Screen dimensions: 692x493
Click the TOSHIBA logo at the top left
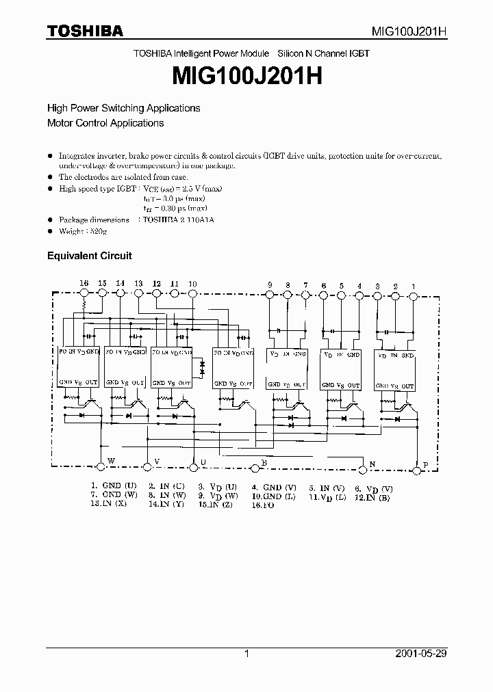(85, 31)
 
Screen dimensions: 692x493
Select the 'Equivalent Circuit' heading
(89, 256)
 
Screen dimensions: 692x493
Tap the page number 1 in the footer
(246, 654)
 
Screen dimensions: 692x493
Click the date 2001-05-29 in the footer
(421, 654)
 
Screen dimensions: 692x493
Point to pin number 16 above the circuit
(84, 283)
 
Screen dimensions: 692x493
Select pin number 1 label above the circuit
(413, 285)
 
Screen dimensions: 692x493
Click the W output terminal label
(110, 462)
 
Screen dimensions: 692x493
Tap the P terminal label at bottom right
(425, 465)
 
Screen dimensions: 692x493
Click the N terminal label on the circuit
(372, 464)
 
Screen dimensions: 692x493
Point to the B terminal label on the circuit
(264, 463)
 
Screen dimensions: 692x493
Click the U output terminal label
(203, 462)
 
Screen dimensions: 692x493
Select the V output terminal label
(157, 462)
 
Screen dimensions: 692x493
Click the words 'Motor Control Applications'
(105, 123)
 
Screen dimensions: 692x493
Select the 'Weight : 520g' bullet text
(83, 231)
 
